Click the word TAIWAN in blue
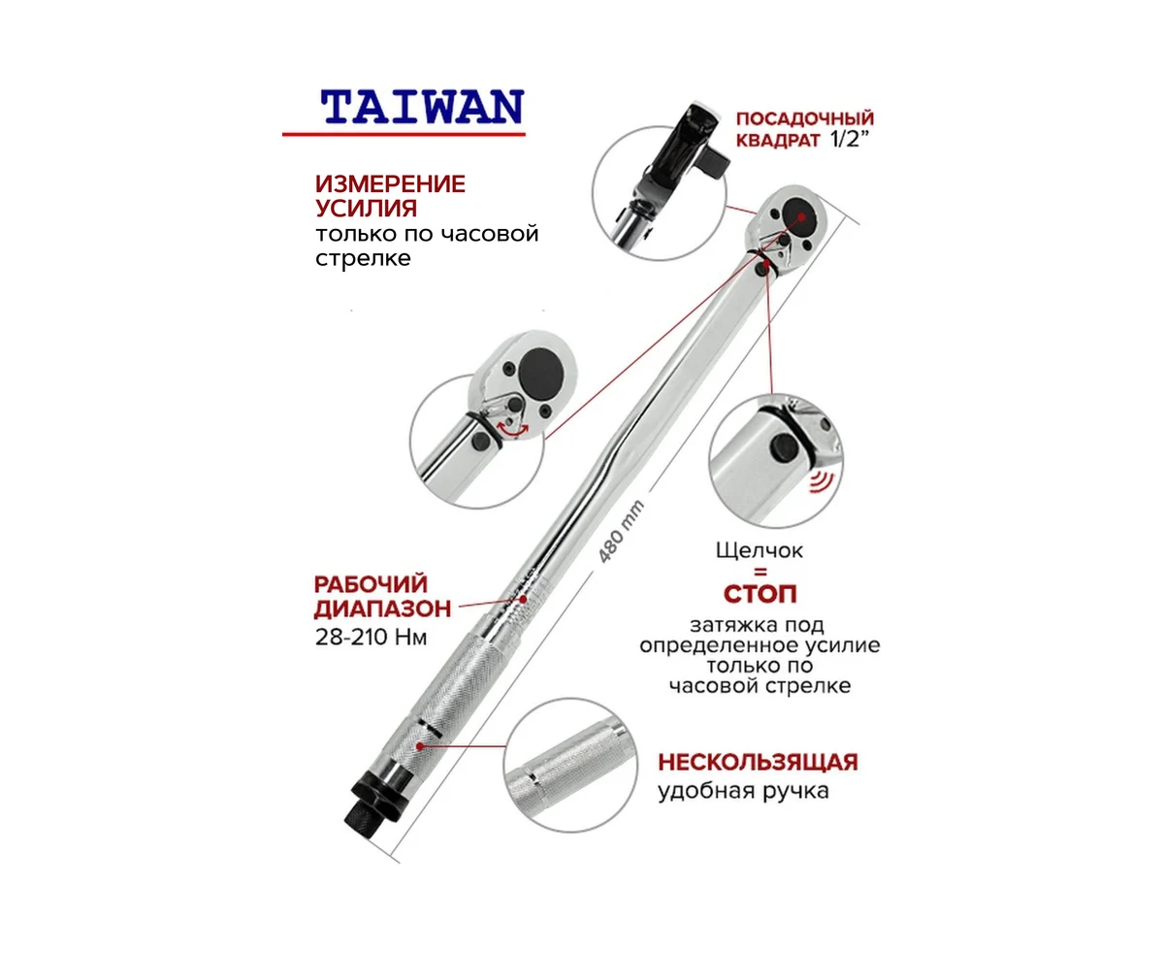(x=422, y=107)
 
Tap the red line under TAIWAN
(x=404, y=134)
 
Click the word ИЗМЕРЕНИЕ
(x=390, y=183)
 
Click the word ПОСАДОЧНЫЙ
(x=805, y=118)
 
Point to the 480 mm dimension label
(x=621, y=532)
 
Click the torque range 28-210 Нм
(x=371, y=638)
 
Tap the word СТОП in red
(x=760, y=594)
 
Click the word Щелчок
(x=760, y=550)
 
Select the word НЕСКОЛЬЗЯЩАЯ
(x=758, y=763)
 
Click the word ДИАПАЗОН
(x=382, y=608)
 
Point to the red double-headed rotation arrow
(x=513, y=429)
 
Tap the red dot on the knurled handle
(x=420, y=746)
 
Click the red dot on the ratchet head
(x=801, y=216)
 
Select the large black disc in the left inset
(x=541, y=373)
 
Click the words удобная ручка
(x=743, y=791)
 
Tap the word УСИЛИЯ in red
(x=366, y=208)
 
